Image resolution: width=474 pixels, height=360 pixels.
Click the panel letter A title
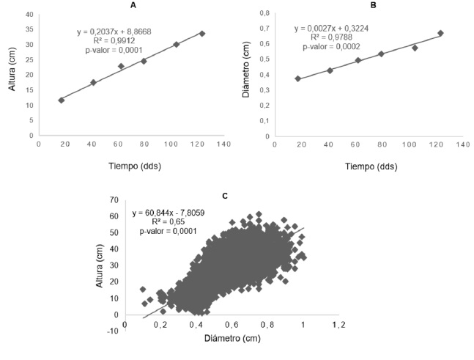click(133, 5)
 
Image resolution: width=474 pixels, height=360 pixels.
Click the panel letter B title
click(373, 5)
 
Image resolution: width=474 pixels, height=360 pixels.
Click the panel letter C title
click(224, 196)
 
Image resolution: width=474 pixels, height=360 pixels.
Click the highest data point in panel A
click(202, 34)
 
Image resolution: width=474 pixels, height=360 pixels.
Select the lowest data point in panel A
click(61, 100)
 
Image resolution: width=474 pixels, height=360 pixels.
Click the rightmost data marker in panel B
click(441, 33)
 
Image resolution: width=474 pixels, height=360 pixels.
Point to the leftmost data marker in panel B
click(297, 78)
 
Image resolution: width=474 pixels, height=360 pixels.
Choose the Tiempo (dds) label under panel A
click(134, 166)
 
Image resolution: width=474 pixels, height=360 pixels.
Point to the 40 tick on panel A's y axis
click(29, 15)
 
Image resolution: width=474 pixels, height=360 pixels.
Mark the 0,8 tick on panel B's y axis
click(264, 13)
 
